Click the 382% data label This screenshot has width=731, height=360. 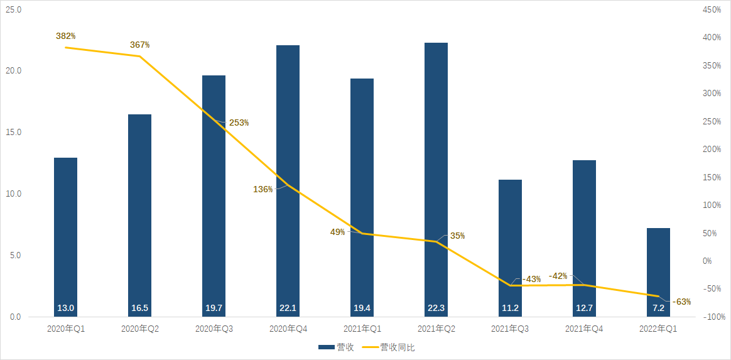click(65, 36)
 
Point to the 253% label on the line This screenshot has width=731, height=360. click(239, 123)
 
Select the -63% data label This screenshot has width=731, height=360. click(681, 302)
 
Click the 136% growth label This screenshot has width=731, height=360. click(263, 189)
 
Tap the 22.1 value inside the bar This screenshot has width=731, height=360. click(288, 308)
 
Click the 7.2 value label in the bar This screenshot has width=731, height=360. click(658, 308)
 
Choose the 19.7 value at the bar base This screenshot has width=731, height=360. click(214, 308)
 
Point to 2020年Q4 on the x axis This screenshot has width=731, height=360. click(288, 329)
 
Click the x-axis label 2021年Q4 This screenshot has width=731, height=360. click(584, 329)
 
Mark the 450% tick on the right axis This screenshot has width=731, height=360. click(712, 10)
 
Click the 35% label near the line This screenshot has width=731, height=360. click(457, 236)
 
